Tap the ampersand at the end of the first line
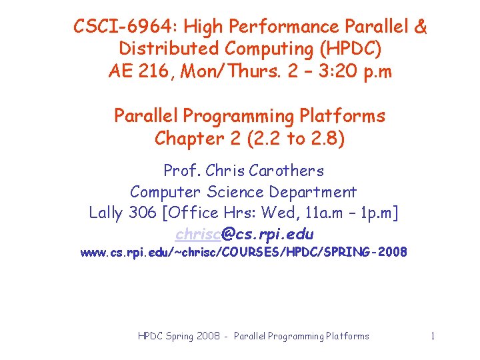420,27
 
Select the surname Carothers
289,171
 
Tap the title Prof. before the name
181,171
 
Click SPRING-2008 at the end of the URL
370,253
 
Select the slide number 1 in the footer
433,336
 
